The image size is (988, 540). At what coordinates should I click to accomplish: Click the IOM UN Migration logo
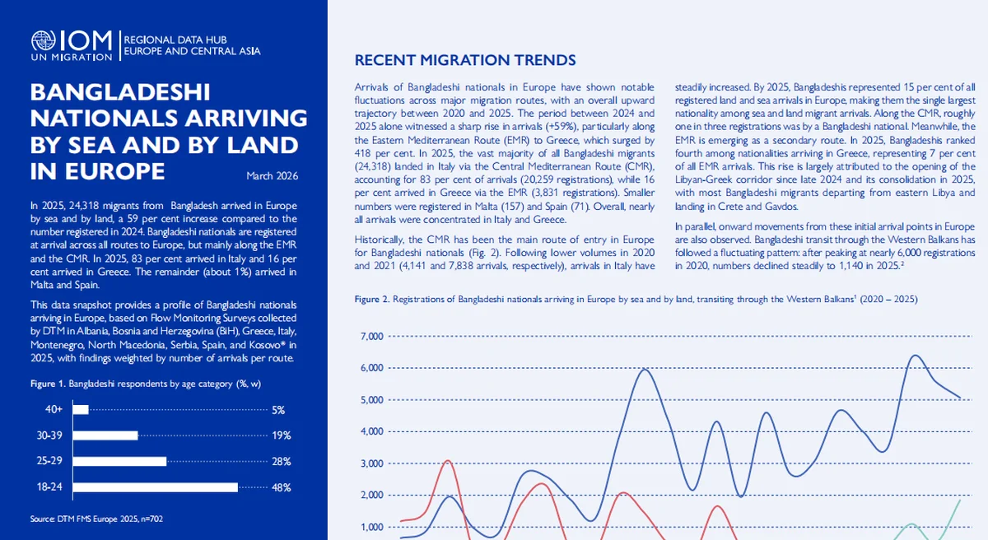pos(71,46)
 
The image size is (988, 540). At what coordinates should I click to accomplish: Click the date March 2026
pos(272,175)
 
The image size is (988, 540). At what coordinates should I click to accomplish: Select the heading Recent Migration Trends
pos(465,61)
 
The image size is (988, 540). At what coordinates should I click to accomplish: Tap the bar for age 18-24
pos(155,487)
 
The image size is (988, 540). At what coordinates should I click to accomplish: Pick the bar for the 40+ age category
pos(81,409)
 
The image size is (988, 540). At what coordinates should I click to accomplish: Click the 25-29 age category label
pos(50,462)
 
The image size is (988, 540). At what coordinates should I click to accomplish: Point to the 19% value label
pos(281,435)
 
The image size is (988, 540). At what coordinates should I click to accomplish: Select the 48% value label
pos(281,487)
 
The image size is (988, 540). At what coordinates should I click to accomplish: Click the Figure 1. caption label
pos(48,384)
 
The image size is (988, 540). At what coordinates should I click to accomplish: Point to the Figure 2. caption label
pos(372,299)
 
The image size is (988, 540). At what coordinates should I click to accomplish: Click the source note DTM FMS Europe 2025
pos(101,519)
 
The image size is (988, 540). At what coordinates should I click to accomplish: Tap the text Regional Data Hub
pos(175,40)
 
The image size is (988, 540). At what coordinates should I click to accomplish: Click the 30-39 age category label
pos(50,435)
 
